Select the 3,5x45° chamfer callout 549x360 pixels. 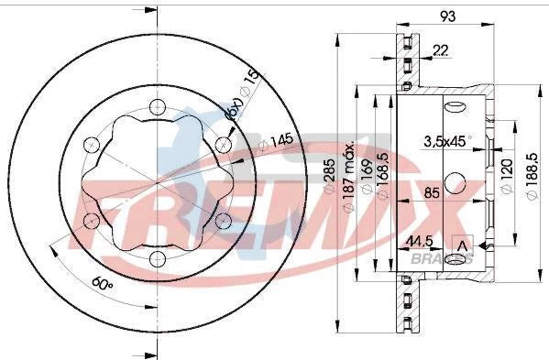(x=447, y=141)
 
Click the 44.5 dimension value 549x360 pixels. (x=419, y=243)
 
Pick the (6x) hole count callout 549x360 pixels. (x=234, y=112)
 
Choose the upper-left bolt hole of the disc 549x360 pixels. (x=91, y=144)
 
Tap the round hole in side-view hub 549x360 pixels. (x=453, y=180)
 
